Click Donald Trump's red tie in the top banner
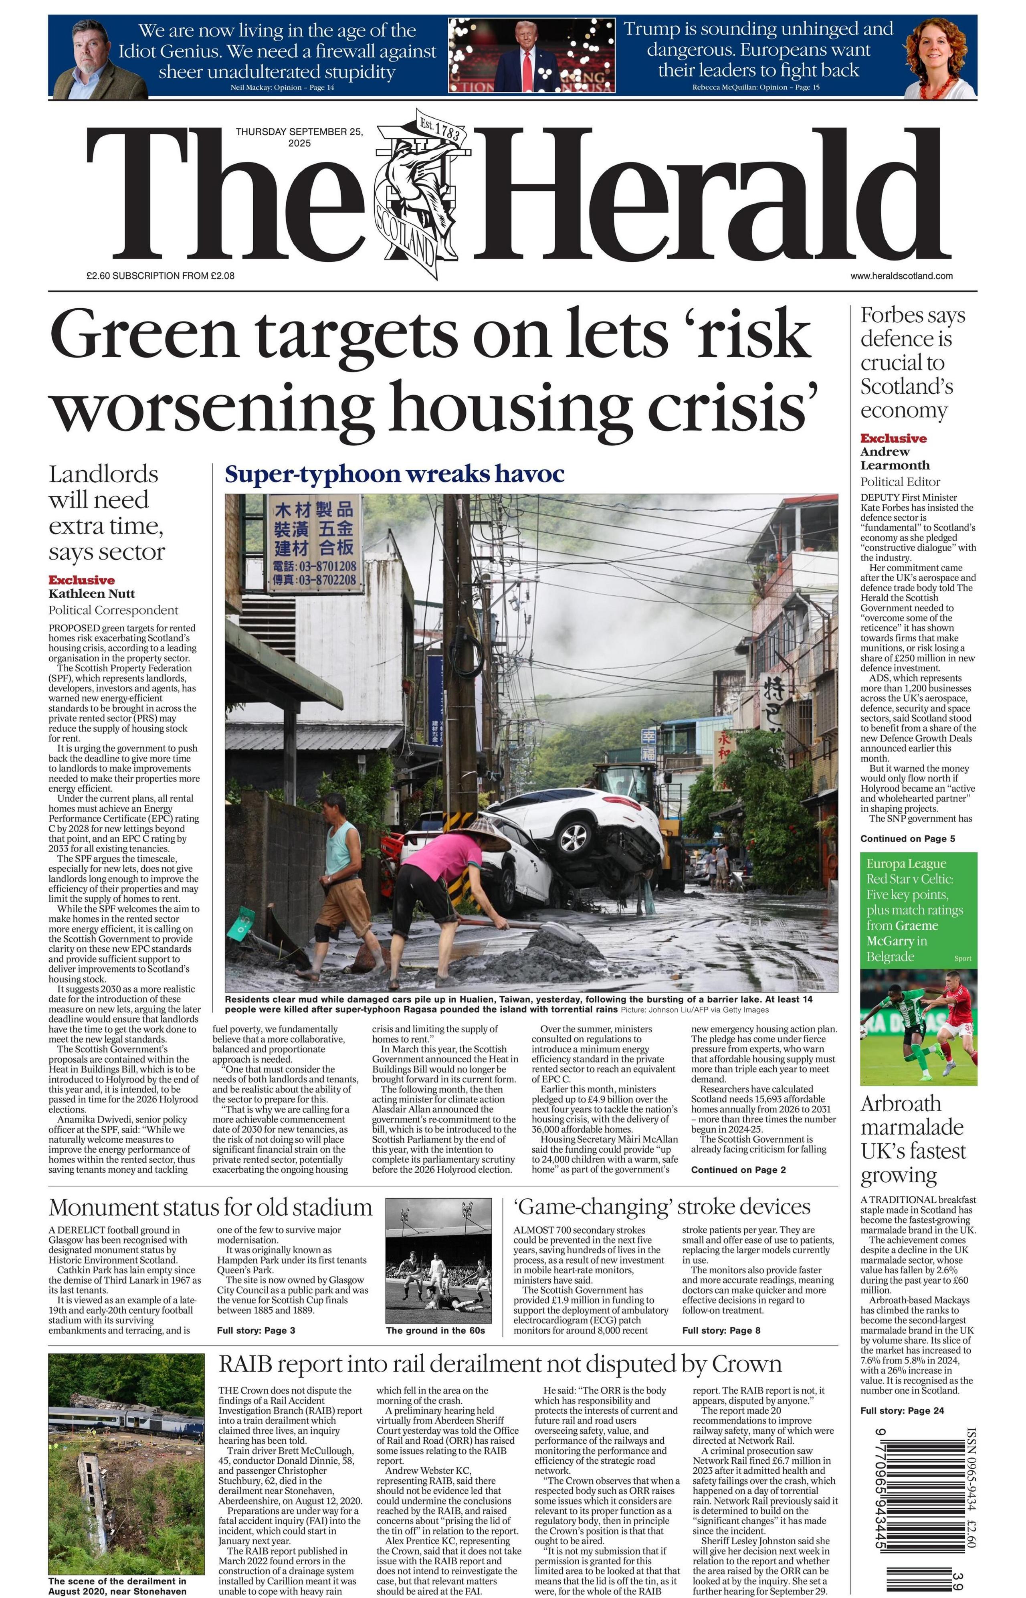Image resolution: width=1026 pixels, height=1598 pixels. click(x=528, y=70)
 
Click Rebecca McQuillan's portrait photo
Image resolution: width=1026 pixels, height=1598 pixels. click(x=939, y=59)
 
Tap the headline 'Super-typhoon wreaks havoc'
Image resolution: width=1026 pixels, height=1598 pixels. click(x=394, y=474)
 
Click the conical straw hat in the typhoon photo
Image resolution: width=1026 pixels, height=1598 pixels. click(x=485, y=833)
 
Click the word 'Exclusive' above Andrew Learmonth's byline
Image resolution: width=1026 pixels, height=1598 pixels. click(x=893, y=439)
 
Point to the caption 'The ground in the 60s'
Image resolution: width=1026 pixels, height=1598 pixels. click(x=435, y=1331)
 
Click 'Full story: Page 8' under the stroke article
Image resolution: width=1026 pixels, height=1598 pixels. click(x=721, y=1331)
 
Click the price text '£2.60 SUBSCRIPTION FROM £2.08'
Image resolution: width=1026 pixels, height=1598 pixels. click(x=160, y=276)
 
